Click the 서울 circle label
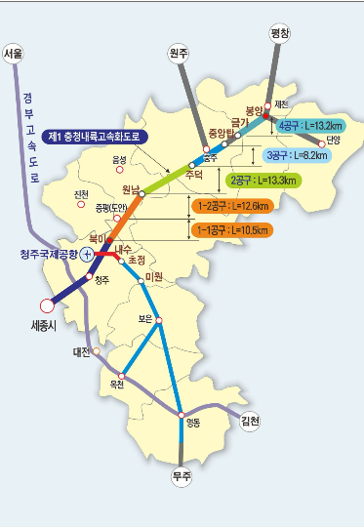click(x=14, y=53)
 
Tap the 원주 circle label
click(x=179, y=54)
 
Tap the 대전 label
click(x=82, y=351)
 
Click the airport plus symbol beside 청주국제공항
click(x=87, y=254)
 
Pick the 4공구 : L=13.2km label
click(x=310, y=126)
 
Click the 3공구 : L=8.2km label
click(x=296, y=154)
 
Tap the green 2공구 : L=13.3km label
click(x=263, y=181)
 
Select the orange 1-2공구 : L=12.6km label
click(x=234, y=206)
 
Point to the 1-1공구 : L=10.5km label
click(x=234, y=230)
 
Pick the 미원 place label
click(x=153, y=277)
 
